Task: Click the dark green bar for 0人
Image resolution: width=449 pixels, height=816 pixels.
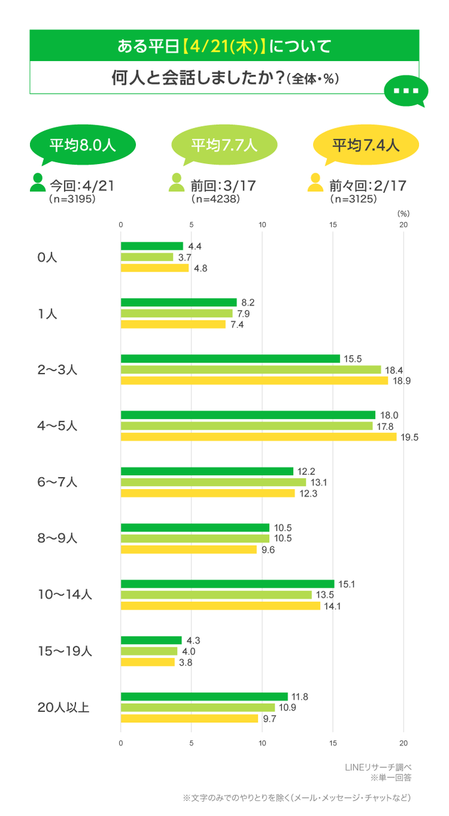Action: [152, 246]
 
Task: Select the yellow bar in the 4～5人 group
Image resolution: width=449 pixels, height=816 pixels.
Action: [259, 437]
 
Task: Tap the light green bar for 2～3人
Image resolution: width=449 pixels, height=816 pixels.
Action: [251, 370]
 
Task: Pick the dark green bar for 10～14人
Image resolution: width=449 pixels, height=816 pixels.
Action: [228, 584]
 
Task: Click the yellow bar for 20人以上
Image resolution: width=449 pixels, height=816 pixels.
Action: [190, 719]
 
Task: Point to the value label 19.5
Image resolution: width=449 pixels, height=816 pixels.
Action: [410, 437]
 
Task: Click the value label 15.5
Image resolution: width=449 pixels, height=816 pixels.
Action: [353, 359]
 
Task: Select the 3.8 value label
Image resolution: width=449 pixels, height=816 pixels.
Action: [186, 663]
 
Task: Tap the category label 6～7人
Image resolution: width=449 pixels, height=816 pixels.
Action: [57, 482]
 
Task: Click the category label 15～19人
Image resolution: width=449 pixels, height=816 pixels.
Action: [65, 651]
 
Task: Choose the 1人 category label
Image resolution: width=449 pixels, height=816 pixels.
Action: [47, 313]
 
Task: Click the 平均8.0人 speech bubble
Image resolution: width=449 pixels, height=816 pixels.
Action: [83, 145]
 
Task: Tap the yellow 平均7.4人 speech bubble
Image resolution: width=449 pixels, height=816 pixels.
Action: [366, 145]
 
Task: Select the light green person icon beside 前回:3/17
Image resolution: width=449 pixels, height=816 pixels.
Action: [176, 182]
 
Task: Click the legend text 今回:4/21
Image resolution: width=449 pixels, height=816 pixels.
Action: [82, 186]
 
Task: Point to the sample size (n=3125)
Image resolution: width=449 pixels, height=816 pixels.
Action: [353, 199]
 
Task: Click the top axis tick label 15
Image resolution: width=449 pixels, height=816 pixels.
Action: [333, 225]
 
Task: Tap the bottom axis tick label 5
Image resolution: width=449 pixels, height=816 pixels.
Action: [191, 743]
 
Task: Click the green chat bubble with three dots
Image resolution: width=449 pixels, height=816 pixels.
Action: [406, 91]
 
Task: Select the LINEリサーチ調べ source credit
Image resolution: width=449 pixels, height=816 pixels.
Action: [378, 767]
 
